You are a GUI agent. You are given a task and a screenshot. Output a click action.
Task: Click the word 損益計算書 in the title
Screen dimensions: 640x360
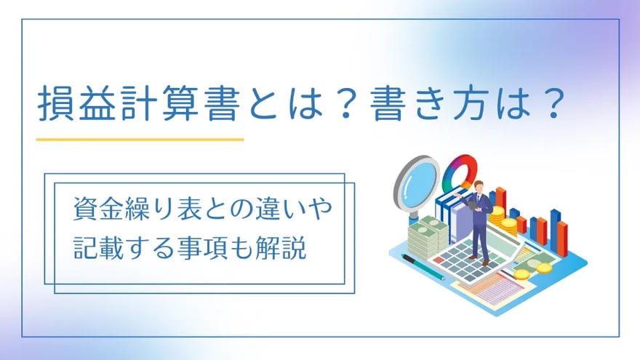click(x=138, y=105)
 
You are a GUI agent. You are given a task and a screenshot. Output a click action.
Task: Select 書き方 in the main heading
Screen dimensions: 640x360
click(x=428, y=105)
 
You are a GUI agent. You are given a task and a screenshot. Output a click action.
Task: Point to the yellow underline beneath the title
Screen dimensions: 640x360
click(x=140, y=140)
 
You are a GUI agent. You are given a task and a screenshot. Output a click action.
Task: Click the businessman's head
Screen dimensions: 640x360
click(x=479, y=185)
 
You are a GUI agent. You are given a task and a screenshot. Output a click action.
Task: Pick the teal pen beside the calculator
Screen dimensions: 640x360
click(x=423, y=268)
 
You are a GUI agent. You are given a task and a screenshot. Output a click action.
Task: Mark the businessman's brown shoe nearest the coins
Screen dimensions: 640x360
click(x=485, y=263)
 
